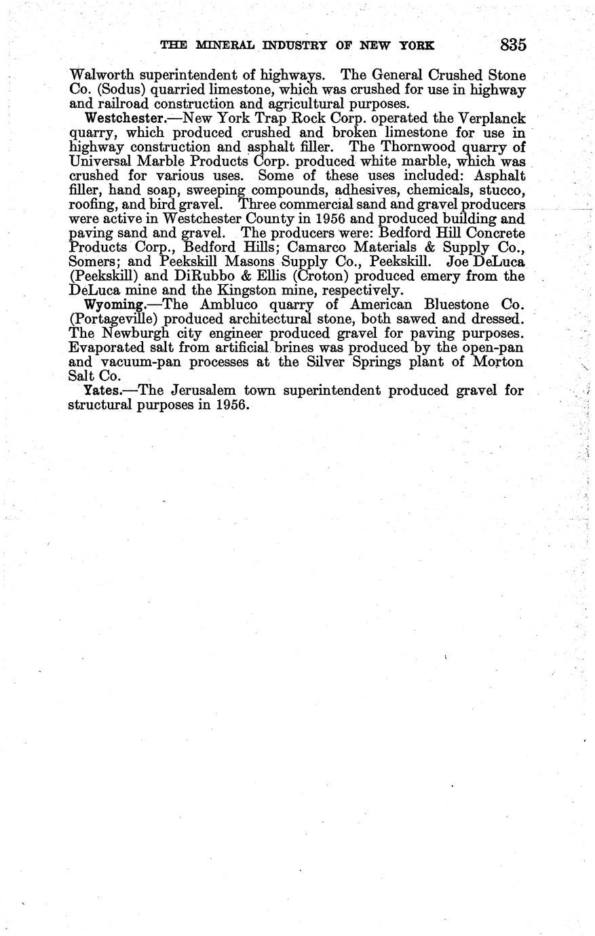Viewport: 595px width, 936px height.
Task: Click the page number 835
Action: [x=513, y=45]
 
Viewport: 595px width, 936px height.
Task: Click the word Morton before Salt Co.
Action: [x=497, y=362]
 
